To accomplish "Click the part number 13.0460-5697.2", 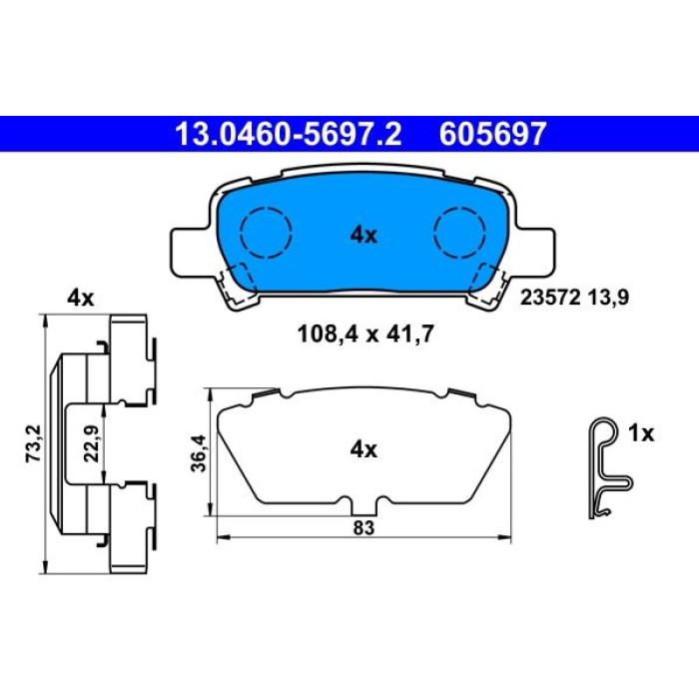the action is point(289,134).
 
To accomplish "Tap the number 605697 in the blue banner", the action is point(492,134).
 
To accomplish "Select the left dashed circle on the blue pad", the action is point(266,233).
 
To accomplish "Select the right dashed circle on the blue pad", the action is point(459,233).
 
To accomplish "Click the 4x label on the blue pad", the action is point(363,235).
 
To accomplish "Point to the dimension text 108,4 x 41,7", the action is point(365,334).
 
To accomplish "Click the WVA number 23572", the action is point(550,297).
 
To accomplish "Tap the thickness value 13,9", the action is point(608,297).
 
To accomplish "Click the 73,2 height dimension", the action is point(33,443).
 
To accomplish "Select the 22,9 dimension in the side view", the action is point(93,444).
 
